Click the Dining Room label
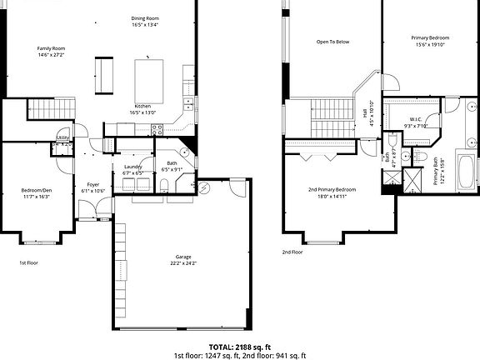click(x=145, y=18)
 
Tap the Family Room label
click(x=51, y=49)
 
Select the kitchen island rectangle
click(x=151, y=79)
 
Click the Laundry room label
click(x=132, y=167)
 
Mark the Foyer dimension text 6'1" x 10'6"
click(x=92, y=191)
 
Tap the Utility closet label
click(x=62, y=138)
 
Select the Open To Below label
click(x=332, y=41)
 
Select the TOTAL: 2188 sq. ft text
click(x=239, y=346)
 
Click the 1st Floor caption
click(x=30, y=262)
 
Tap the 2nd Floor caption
click(x=292, y=252)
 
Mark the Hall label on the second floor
click(x=365, y=113)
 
